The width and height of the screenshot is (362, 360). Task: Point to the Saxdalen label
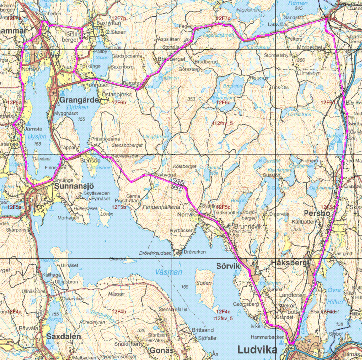click(x=64, y=337)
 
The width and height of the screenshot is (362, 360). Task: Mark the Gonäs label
click(x=162, y=350)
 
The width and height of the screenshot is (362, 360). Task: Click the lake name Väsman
click(x=168, y=272)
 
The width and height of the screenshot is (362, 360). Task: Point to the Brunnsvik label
click(x=249, y=226)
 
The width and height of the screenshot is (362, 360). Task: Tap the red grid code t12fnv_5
click(x=222, y=123)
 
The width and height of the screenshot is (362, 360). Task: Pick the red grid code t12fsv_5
click(x=223, y=318)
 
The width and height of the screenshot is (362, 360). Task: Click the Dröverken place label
click(x=195, y=252)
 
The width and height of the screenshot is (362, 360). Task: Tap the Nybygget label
click(x=166, y=175)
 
